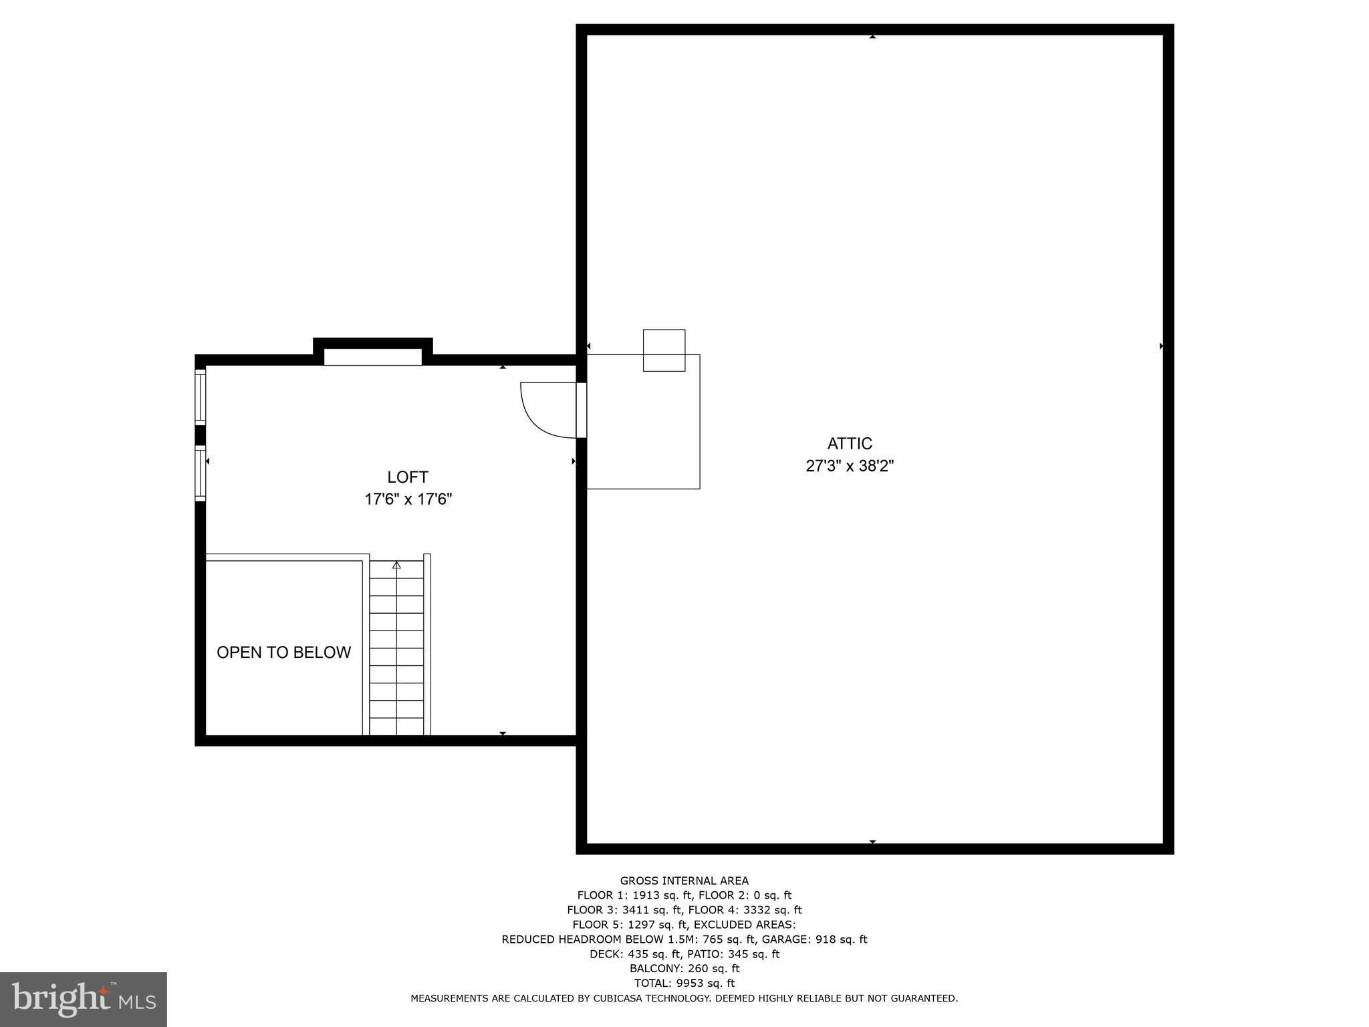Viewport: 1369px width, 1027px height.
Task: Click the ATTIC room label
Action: coord(850,443)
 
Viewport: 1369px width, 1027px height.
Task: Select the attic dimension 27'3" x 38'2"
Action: coord(850,466)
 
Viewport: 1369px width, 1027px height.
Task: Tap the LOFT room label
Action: coord(408,477)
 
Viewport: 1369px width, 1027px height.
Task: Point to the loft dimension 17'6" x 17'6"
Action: coord(408,499)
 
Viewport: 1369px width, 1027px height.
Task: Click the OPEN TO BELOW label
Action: coord(283,653)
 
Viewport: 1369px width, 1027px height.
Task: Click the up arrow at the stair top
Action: coord(396,566)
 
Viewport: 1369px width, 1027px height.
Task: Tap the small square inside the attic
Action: coord(664,350)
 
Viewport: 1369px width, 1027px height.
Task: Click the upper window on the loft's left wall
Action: coord(200,397)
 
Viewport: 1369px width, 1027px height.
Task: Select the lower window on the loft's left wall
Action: coord(200,473)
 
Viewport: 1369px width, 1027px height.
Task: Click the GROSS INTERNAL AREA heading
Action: coord(684,881)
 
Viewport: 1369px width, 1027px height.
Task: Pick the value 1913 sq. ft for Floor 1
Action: coord(656,895)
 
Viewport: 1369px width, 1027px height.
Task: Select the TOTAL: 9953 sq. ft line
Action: coord(684,983)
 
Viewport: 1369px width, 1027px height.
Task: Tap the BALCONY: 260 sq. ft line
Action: coord(684,968)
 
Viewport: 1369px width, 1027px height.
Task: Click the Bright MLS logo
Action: coord(83,999)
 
